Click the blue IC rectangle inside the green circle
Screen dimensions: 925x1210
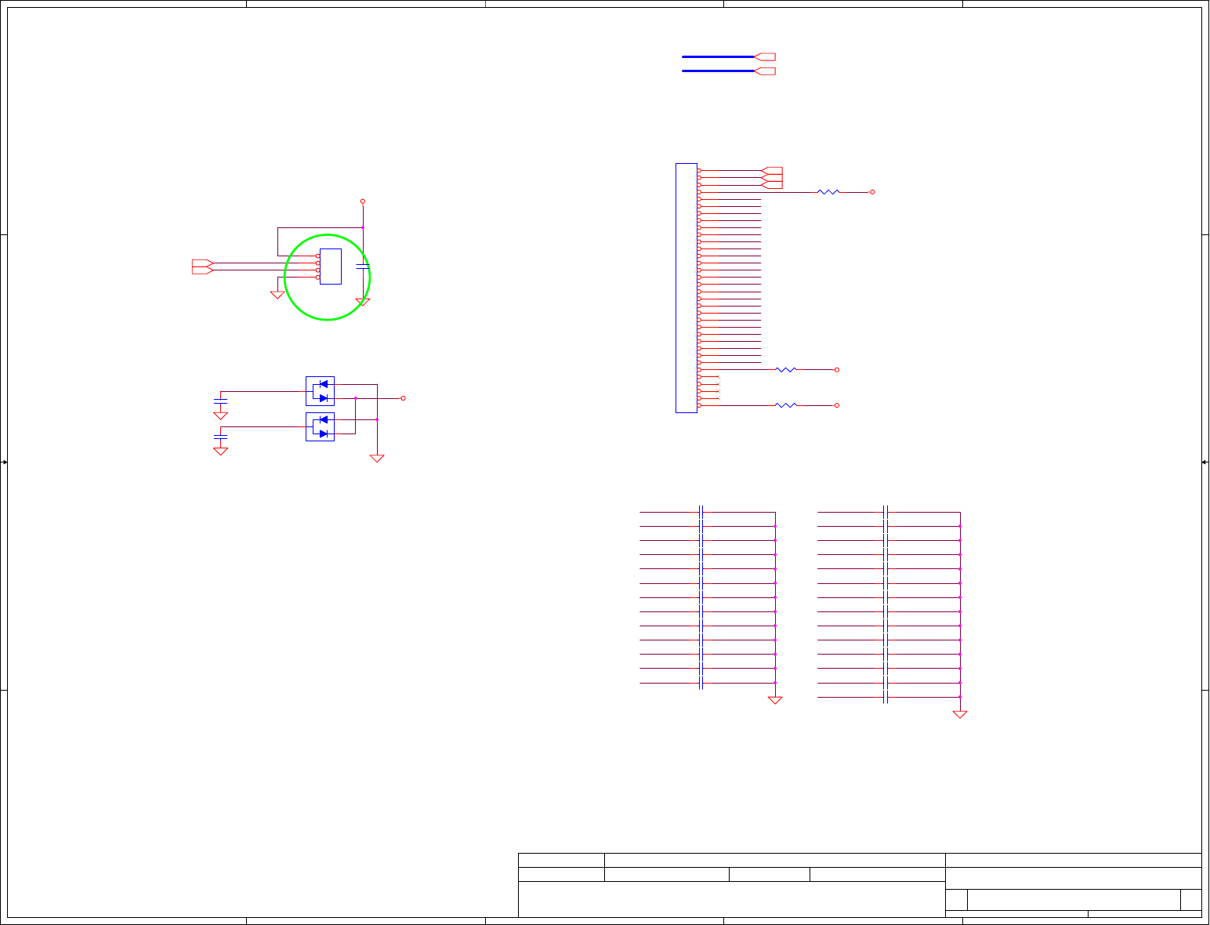point(330,266)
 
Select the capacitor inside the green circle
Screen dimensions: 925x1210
point(362,267)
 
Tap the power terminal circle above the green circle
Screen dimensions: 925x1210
point(363,201)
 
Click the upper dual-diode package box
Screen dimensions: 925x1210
point(320,390)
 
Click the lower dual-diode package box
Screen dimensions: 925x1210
point(320,426)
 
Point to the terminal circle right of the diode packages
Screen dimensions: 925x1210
point(403,398)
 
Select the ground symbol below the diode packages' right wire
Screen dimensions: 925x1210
point(377,458)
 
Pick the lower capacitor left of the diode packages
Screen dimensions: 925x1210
point(221,435)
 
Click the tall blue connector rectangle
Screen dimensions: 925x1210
point(687,288)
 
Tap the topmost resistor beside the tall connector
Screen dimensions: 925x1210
point(828,191)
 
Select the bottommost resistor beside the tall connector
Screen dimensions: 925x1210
point(785,405)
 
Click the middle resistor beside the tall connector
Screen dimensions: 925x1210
point(785,369)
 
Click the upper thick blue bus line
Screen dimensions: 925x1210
point(717,56)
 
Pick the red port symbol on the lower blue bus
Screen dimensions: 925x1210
point(765,71)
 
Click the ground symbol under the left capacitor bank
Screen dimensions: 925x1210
point(775,700)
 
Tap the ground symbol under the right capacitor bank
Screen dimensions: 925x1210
point(960,714)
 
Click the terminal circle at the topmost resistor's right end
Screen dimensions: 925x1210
point(872,191)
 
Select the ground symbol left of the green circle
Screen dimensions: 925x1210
point(277,295)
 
